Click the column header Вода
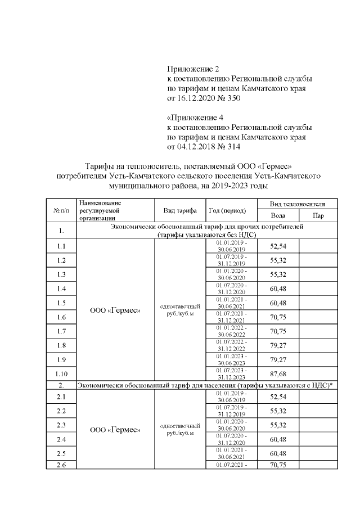277,216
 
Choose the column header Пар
318,216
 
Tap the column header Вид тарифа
180,210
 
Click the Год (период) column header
227,210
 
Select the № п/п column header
61,210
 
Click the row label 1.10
61,373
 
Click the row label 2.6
61,465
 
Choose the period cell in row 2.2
227,411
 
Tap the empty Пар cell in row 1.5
318,303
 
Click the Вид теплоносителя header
297,203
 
